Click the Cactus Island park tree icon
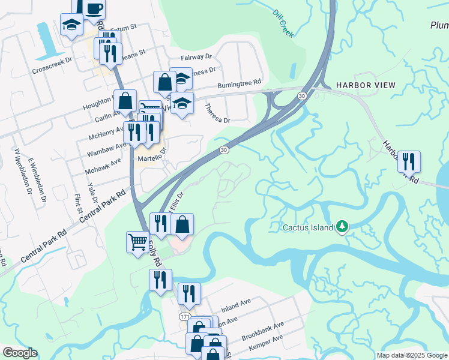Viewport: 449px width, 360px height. point(342,227)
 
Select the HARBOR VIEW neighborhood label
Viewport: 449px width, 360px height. point(366,85)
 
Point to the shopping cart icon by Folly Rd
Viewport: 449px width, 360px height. point(137,242)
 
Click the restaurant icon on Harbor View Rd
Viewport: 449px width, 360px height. point(409,161)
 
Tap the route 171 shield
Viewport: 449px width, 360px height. point(184,316)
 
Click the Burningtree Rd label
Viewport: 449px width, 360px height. point(240,83)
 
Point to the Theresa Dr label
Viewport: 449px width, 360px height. point(217,113)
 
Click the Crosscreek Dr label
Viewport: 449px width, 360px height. point(52,61)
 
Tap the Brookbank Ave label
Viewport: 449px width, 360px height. point(262,331)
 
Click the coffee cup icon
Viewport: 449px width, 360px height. point(94,8)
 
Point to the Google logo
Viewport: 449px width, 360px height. point(20,353)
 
